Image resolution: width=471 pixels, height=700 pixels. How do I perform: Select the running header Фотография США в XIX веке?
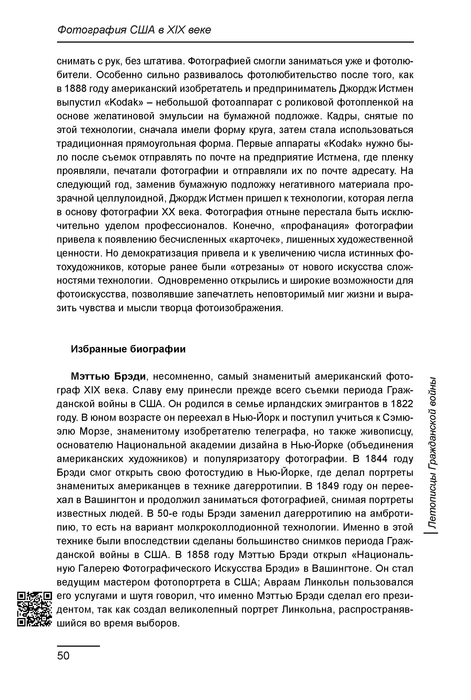click(x=134, y=30)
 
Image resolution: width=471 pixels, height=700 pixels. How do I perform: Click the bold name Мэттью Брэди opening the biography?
click(x=108, y=377)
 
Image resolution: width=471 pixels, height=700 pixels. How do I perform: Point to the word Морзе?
click(x=96, y=431)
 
